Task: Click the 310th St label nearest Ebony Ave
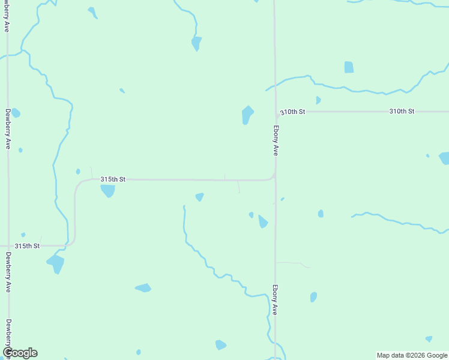293,112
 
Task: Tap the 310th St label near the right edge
402,112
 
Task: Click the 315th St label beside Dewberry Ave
27,246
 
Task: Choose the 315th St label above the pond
113,179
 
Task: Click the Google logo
20,353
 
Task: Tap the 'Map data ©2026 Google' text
412,355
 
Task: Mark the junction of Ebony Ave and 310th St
276,112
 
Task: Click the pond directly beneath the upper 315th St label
108,191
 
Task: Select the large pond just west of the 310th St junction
247,114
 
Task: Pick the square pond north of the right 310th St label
349,67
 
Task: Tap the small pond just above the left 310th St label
318,100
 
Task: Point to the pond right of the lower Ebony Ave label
313,297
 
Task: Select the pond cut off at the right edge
444,158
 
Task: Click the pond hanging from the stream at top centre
196,43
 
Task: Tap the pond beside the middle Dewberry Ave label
16,113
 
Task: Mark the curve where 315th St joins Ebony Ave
273,176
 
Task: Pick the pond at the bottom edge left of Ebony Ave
221,345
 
